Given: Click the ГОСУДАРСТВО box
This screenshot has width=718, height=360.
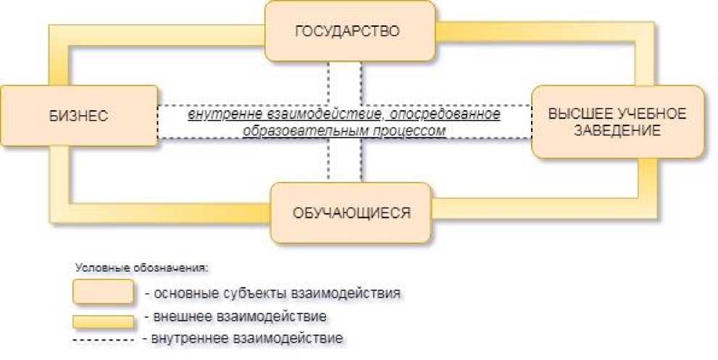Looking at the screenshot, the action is tap(350, 31).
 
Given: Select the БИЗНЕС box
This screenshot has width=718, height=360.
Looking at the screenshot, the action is tap(78, 116).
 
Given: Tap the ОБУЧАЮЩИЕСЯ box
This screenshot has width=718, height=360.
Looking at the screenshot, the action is tap(351, 213).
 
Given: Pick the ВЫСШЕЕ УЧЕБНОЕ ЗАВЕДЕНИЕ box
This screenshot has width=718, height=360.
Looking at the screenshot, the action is tap(618, 122).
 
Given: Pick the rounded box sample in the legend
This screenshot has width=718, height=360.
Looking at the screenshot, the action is tap(103, 292).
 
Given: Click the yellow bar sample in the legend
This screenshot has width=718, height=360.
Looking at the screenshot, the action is tap(103, 319).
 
